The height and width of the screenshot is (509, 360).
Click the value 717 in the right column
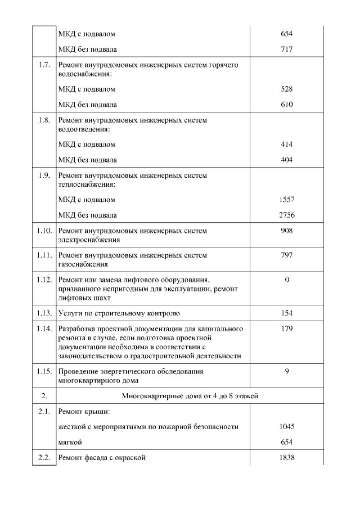[x=286, y=49]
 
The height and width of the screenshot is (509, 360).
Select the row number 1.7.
[x=44, y=65]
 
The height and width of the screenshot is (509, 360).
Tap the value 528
[x=286, y=89]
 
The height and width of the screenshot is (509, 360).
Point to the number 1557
[x=286, y=200]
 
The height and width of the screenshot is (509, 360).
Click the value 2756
[x=286, y=215]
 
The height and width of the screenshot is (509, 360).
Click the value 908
[x=286, y=231]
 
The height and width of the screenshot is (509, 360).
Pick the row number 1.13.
[x=44, y=313]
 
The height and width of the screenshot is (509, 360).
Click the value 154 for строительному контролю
[x=286, y=313]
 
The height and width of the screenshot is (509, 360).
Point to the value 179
[x=286, y=329]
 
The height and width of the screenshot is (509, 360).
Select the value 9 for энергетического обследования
[x=286, y=372]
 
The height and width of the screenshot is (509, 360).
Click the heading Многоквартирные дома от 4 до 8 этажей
[x=190, y=397]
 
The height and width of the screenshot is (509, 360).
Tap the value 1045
[x=286, y=427]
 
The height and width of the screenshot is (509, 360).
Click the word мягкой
[x=70, y=442]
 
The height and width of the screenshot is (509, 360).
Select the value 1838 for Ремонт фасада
[x=286, y=458]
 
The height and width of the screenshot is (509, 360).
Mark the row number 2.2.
[x=44, y=458]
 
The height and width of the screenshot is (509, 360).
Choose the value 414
[x=286, y=145]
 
